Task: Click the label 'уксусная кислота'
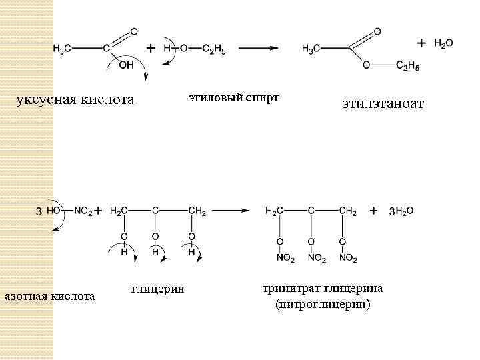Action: [75, 101]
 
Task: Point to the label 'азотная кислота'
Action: [50, 295]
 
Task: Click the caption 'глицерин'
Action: [157, 288]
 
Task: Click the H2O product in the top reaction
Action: [443, 43]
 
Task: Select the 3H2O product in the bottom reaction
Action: [401, 211]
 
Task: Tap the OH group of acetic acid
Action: [125, 65]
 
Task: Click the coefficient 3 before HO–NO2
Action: [39, 211]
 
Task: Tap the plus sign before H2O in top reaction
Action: [421, 43]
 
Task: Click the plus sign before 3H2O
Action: [374, 211]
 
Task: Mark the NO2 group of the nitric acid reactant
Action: [83, 211]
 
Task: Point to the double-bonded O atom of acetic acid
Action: [135, 31]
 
